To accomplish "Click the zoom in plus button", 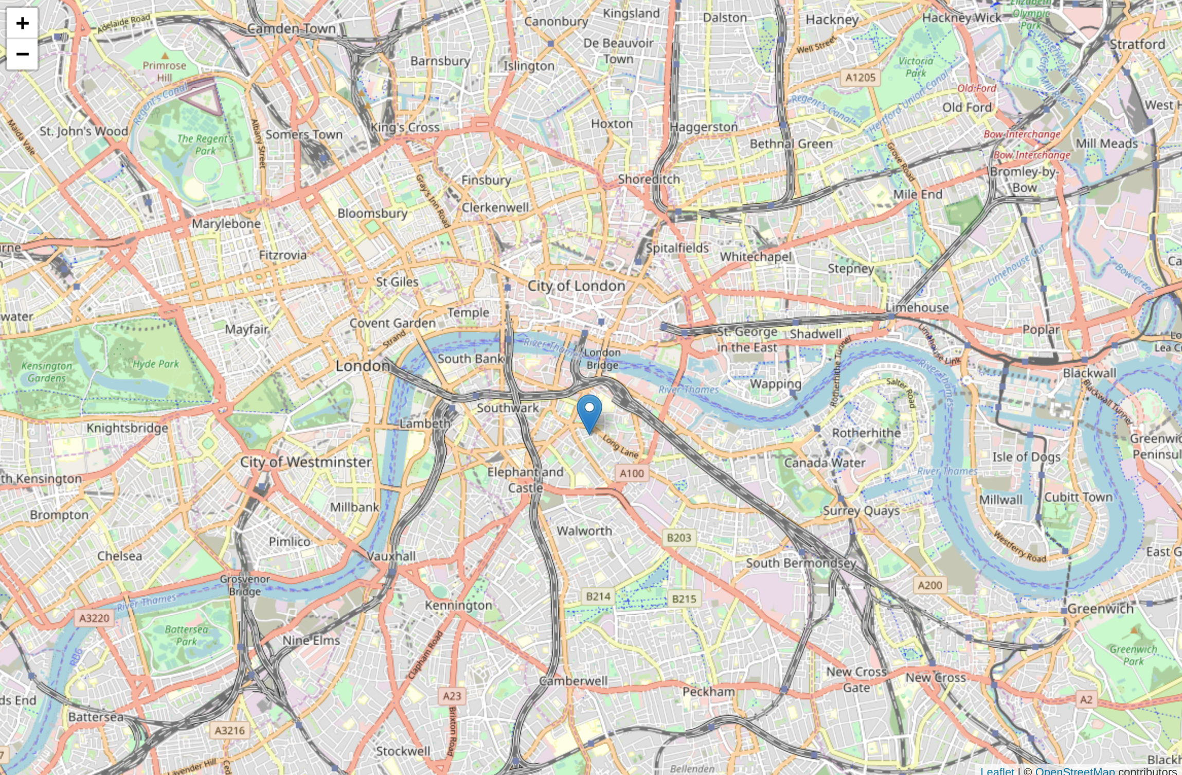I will (22, 23).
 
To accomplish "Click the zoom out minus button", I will (22, 54).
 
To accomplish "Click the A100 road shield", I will (632, 473).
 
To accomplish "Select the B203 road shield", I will (678, 538).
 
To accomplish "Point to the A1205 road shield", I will (861, 78).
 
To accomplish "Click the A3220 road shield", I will (94, 618).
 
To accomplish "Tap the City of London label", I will (576, 286).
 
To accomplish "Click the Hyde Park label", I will (156, 364).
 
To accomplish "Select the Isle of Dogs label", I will (1026, 457).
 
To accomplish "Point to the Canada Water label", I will (825, 463).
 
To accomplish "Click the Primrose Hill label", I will (164, 71).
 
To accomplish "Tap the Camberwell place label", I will (573, 681).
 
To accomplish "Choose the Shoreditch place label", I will (649, 179).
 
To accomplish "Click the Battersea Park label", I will (186, 636).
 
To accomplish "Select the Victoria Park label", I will (916, 67).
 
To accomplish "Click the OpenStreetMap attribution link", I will (1074, 770).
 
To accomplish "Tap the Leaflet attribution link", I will (997, 770).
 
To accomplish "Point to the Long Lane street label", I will (621, 447).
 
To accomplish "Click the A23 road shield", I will (452, 696).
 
